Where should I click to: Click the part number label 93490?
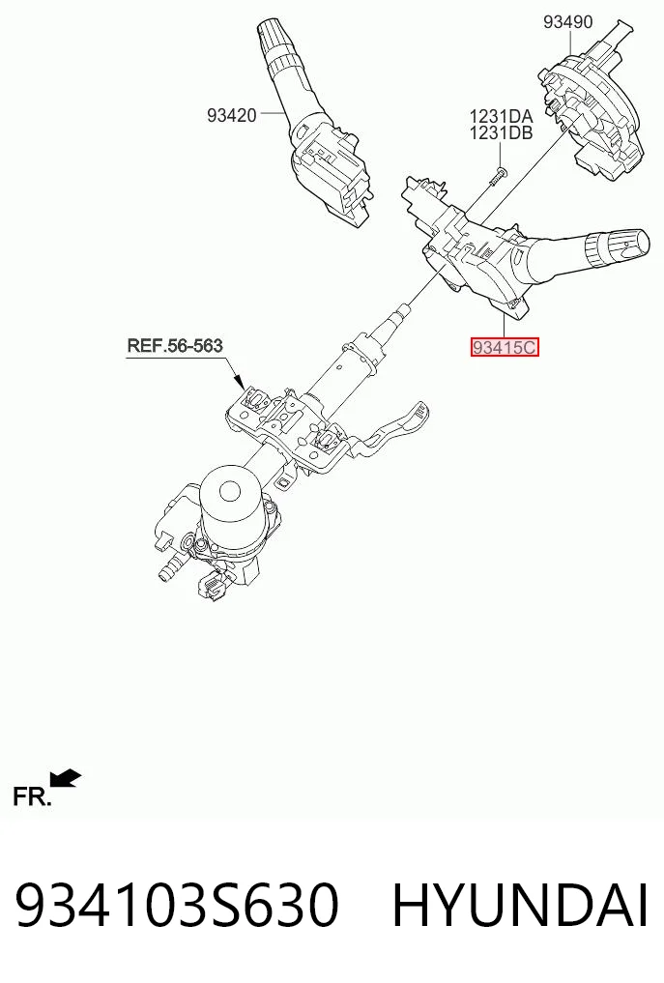coord(567,22)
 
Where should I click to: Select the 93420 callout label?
coord(231,115)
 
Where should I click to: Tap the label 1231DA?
coord(501,117)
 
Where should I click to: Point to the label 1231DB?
coord(501,133)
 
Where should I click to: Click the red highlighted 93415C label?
coord(505,347)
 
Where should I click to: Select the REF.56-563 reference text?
coord(175,345)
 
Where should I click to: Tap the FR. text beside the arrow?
coord(31,797)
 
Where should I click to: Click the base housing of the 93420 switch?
coord(332,172)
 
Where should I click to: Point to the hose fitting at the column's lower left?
coord(169,571)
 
